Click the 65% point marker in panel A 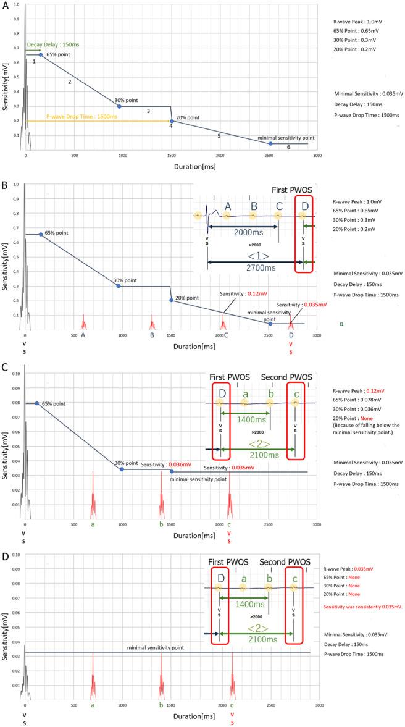(x=41, y=55)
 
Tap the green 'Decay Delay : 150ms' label (x=48, y=44)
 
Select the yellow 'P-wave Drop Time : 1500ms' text (x=77, y=116)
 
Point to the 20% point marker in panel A (x=172, y=121)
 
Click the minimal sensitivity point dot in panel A (x=270, y=143)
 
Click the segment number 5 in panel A (x=219, y=135)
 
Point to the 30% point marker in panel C (x=122, y=469)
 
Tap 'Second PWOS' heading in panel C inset (x=286, y=377)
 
